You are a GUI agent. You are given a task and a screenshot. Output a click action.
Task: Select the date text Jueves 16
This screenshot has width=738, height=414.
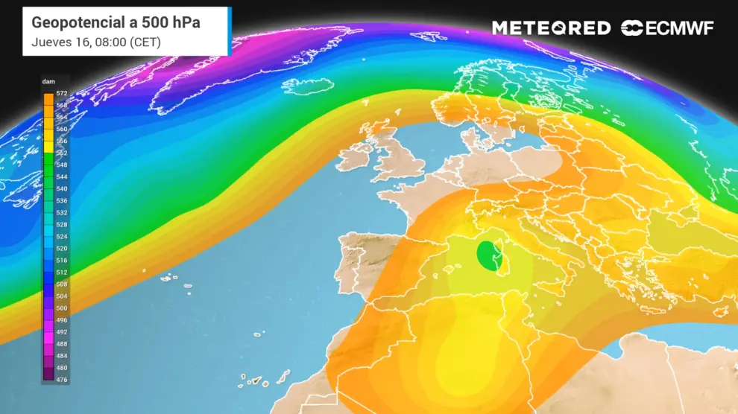pos(60,42)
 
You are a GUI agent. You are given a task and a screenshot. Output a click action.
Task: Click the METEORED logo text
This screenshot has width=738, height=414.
pos(551,28)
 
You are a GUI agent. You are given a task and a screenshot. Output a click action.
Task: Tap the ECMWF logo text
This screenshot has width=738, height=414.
pos(679,28)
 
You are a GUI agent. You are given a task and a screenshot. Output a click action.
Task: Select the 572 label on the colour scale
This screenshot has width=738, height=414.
pos(61,94)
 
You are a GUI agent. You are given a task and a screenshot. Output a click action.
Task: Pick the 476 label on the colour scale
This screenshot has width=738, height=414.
pos(61,379)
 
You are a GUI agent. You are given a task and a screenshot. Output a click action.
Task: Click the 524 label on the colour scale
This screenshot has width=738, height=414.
pos(61,236)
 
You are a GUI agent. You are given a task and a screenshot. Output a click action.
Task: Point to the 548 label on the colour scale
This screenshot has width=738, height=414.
pos(61,165)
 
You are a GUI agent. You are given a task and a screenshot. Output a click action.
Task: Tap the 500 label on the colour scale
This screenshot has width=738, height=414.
pos(61,308)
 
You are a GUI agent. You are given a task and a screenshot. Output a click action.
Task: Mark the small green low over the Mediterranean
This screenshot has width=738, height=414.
pos(488,255)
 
